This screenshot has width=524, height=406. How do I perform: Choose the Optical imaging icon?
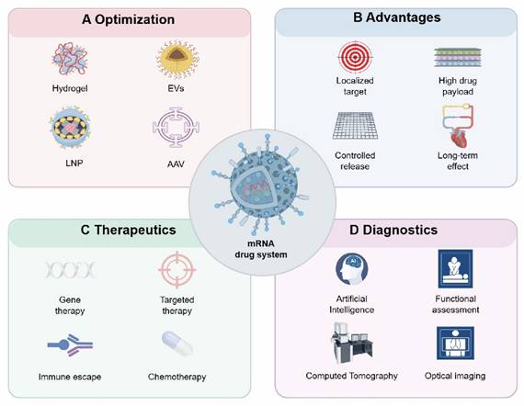(x=456, y=343)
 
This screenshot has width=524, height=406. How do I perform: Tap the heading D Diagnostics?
(x=397, y=230)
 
